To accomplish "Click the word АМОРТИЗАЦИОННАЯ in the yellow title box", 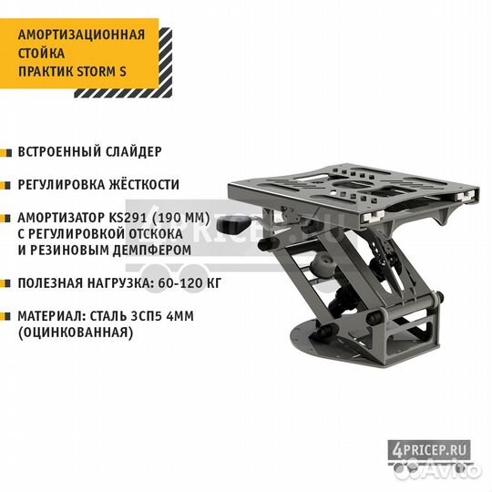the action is point(82,35).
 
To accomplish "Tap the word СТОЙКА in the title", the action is point(41,53).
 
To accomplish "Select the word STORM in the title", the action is point(97,72).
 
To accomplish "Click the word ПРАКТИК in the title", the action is point(46,72).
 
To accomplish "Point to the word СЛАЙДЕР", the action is point(133,152).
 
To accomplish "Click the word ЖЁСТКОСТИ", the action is point(144,184).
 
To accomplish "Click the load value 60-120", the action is point(178,283).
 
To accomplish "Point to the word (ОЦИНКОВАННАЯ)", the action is point(76,333).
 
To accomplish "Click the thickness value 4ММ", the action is point(180,316).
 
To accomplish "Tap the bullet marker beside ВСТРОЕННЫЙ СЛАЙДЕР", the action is point(6,153).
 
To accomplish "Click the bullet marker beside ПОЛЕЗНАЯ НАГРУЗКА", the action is point(6,284).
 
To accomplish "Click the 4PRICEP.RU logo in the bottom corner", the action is point(429,452).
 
